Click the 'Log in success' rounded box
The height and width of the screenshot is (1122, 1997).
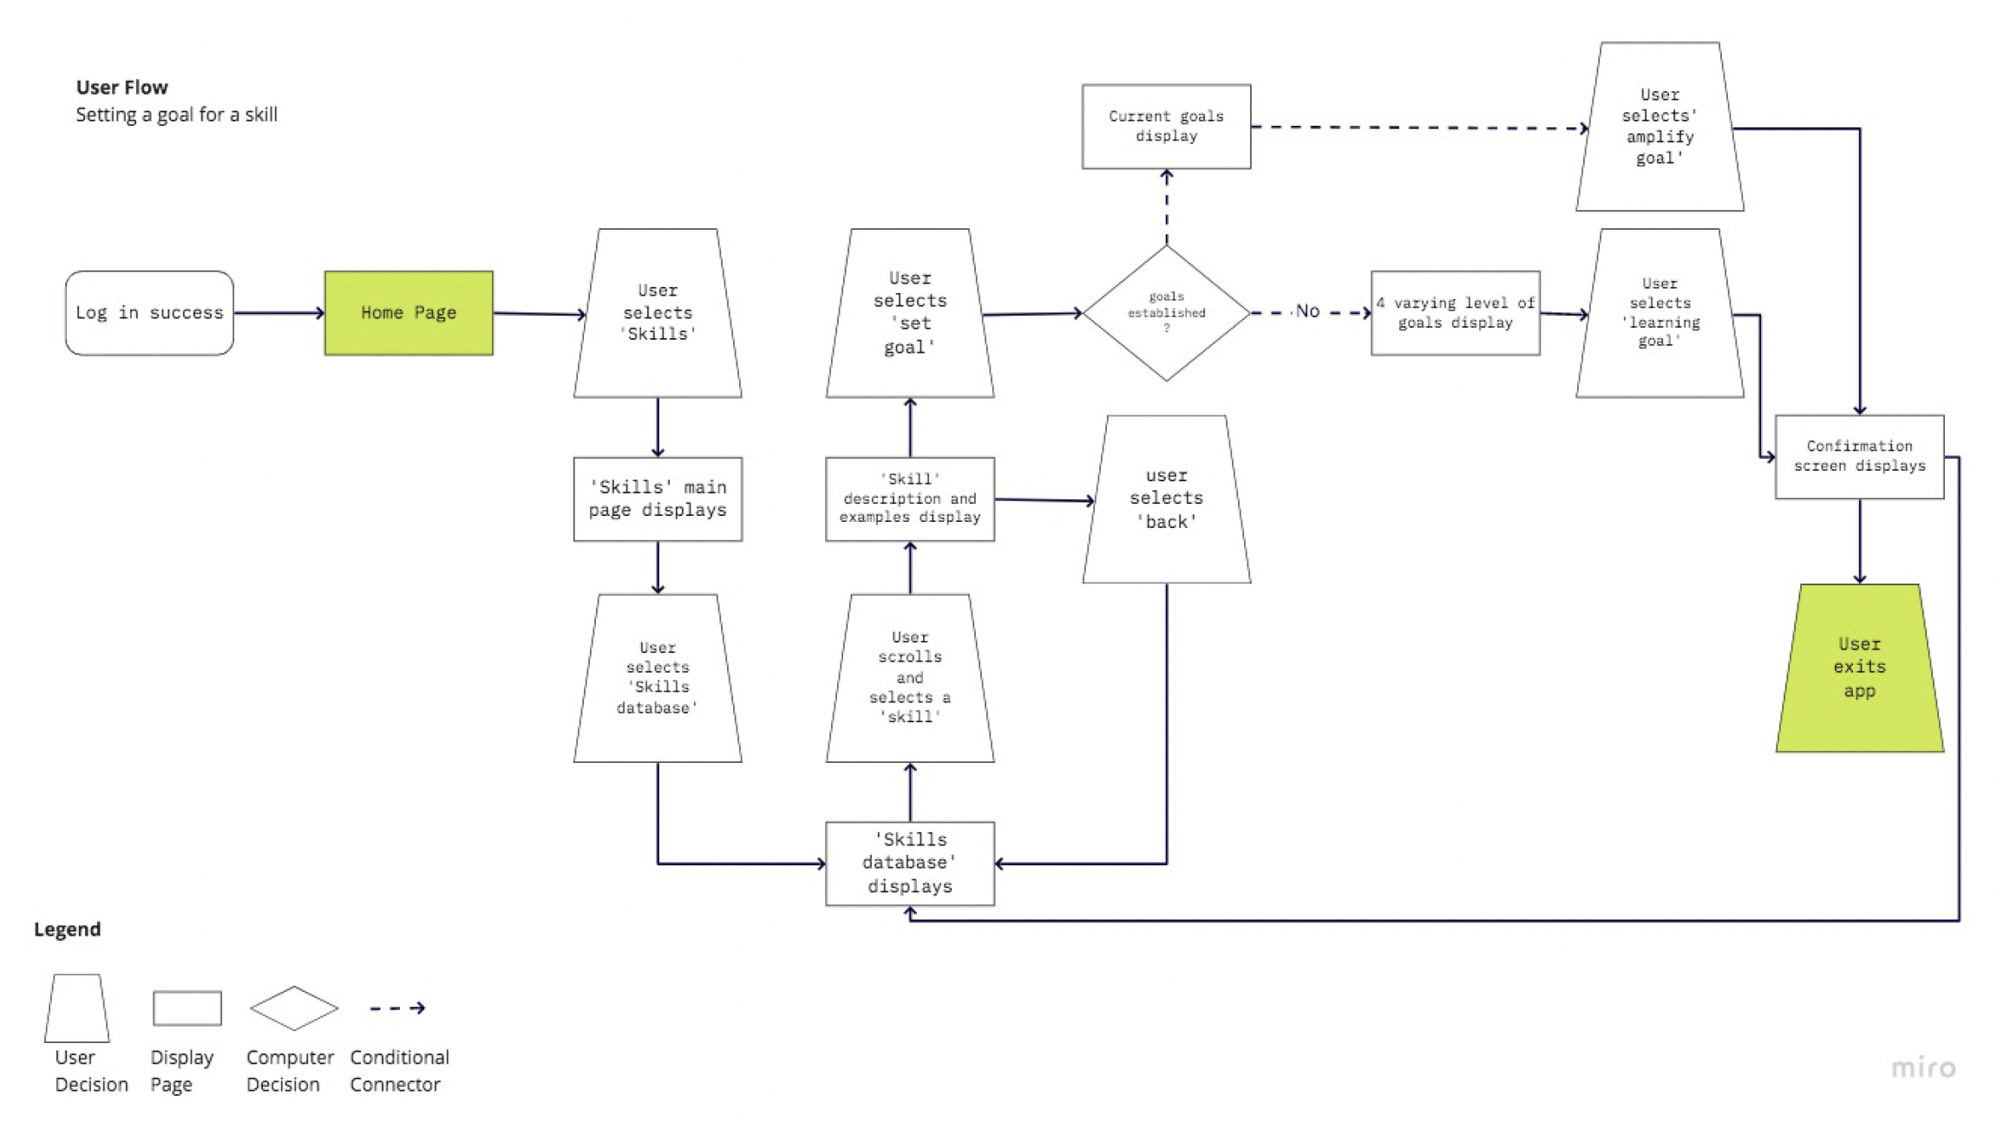point(149,313)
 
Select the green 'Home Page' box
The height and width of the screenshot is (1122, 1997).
point(409,313)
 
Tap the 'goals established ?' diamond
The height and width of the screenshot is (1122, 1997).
point(1166,313)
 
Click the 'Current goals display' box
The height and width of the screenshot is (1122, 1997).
point(1166,127)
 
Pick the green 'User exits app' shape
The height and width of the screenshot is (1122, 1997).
point(1859,668)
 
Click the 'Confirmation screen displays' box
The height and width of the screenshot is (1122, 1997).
point(1859,456)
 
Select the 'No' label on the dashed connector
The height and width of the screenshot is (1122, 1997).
point(1306,311)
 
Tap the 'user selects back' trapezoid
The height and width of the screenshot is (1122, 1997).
point(1166,499)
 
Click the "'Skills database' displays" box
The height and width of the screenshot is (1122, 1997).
point(909,863)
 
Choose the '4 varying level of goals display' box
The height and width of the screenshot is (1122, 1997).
point(1455,313)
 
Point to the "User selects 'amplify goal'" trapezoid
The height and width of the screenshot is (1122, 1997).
point(1659,127)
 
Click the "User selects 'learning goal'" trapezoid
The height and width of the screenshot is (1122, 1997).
point(1659,313)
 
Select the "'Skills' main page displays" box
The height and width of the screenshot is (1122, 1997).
point(658,499)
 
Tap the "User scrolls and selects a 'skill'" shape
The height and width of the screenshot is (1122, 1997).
point(909,677)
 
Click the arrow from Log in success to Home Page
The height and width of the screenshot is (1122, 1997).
point(278,313)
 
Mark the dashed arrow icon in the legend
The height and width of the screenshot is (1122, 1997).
point(397,1008)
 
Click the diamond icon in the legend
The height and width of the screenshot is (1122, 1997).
point(293,1008)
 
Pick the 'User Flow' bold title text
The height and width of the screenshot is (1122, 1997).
point(121,88)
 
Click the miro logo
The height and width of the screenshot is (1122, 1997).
point(1922,1067)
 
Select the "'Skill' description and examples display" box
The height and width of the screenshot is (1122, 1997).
point(909,499)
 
